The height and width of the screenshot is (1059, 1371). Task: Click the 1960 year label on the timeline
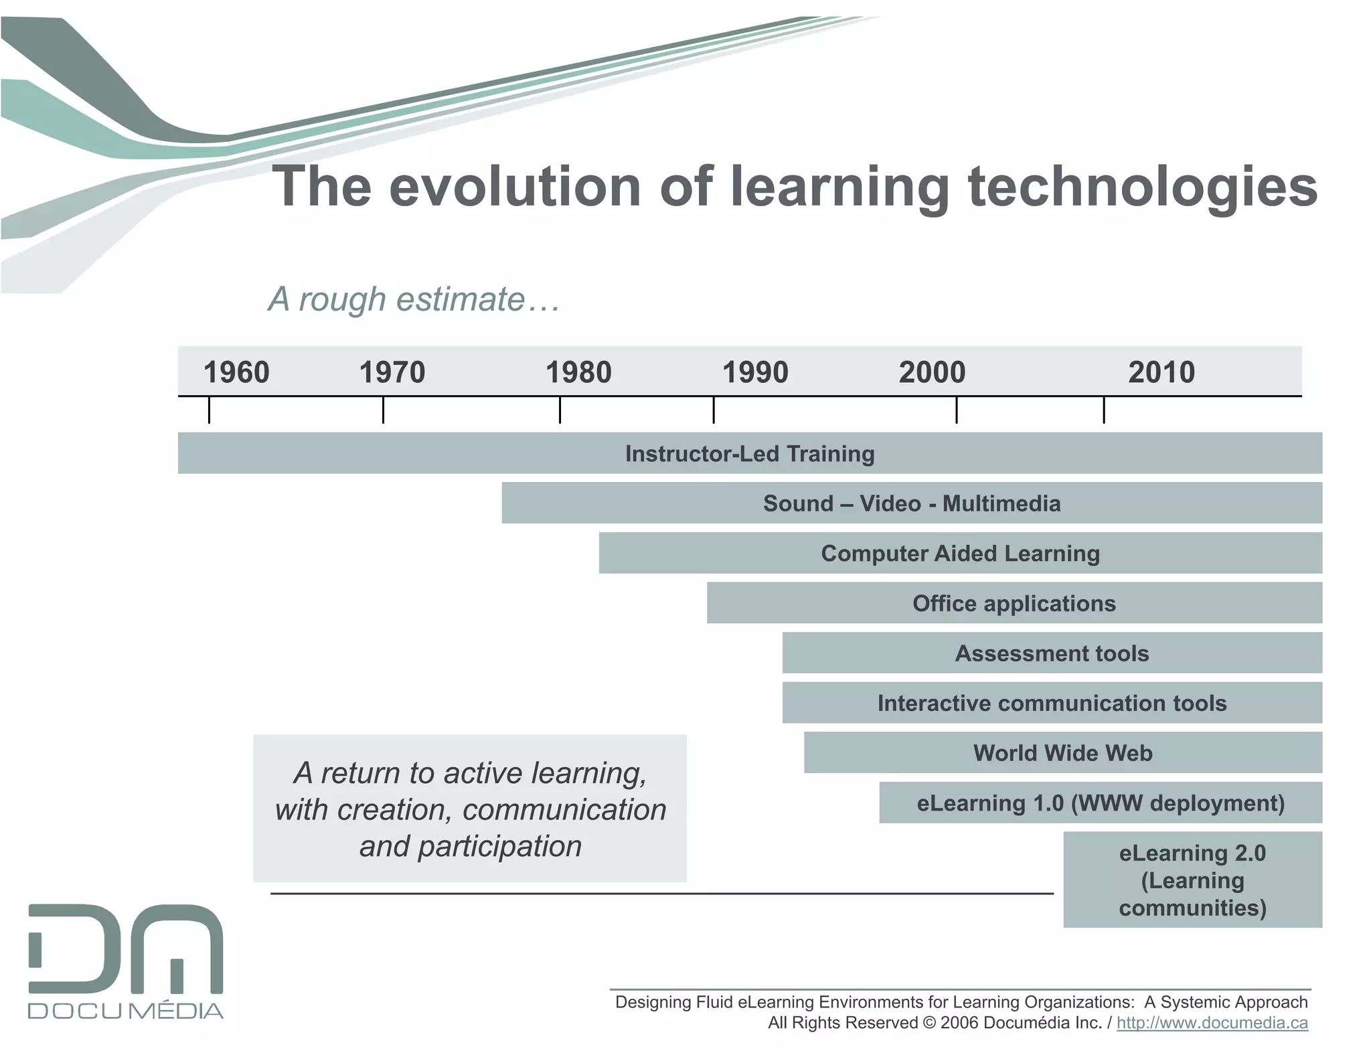(x=236, y=372)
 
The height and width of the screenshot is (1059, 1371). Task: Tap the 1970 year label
(x=392, y=372)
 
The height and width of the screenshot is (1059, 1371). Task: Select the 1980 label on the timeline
(x=578, y=372)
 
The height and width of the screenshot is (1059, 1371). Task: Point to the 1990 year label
(x=755, y=372)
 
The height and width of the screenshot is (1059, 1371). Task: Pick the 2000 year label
(x=932, y=372)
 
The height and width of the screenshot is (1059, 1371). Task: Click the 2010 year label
(x=1161, y=372)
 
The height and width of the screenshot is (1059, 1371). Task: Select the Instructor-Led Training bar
(x=750, y=454)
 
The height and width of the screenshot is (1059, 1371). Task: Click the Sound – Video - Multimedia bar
(x=912, y=503)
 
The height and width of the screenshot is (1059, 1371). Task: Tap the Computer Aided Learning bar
(x=960, y=554)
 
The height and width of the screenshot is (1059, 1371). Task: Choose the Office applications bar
(x=1014, y=603)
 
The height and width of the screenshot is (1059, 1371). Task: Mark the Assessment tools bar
(x=1052, y=653)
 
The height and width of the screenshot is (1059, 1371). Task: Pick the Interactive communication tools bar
(x=1052, y=703)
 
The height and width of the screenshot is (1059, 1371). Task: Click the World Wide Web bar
(x=1062, y=753)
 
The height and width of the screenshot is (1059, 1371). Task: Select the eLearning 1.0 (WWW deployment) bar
(x=1101, y=803)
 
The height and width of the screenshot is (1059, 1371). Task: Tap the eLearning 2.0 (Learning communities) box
(x=1192, y=880)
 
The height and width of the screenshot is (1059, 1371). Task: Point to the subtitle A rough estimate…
(x=414, y=299)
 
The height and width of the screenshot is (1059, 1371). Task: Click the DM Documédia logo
(x=126, y=961)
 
